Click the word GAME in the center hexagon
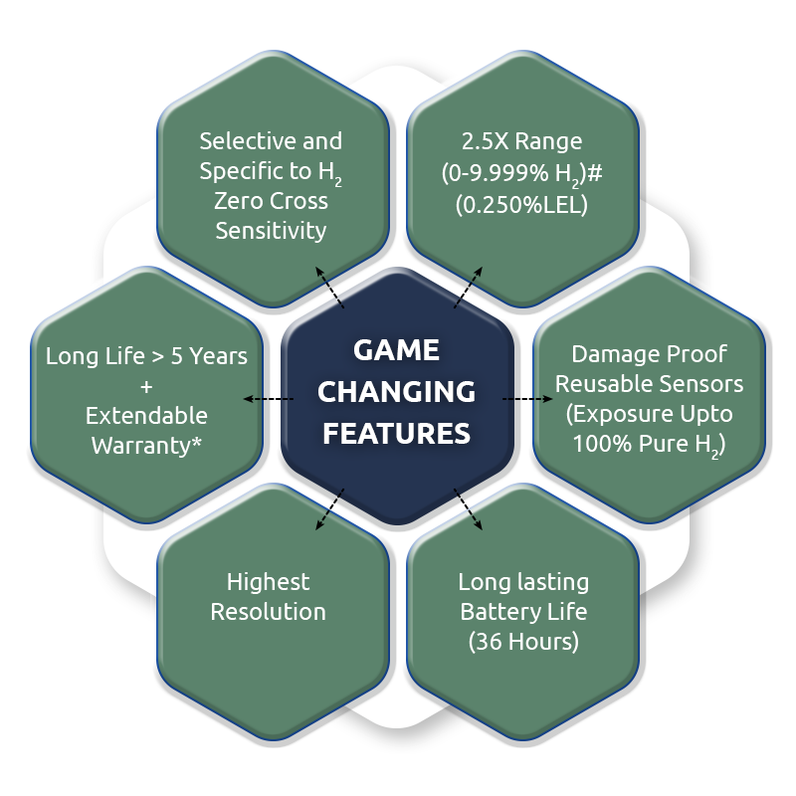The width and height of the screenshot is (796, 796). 397,352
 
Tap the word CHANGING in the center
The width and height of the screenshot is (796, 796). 397,392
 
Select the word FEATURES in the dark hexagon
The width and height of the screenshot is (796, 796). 397,433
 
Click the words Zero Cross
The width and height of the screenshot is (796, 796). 271,202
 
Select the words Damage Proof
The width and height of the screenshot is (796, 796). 649,353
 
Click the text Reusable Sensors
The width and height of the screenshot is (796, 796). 649,383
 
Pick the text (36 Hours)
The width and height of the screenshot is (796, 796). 523,642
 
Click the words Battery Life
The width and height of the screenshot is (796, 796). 523,611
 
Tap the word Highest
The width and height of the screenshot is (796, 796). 268,581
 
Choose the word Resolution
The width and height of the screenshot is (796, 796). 268,611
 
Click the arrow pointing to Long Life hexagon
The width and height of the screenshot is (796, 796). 268,399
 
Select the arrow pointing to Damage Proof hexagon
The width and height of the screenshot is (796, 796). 527,399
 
